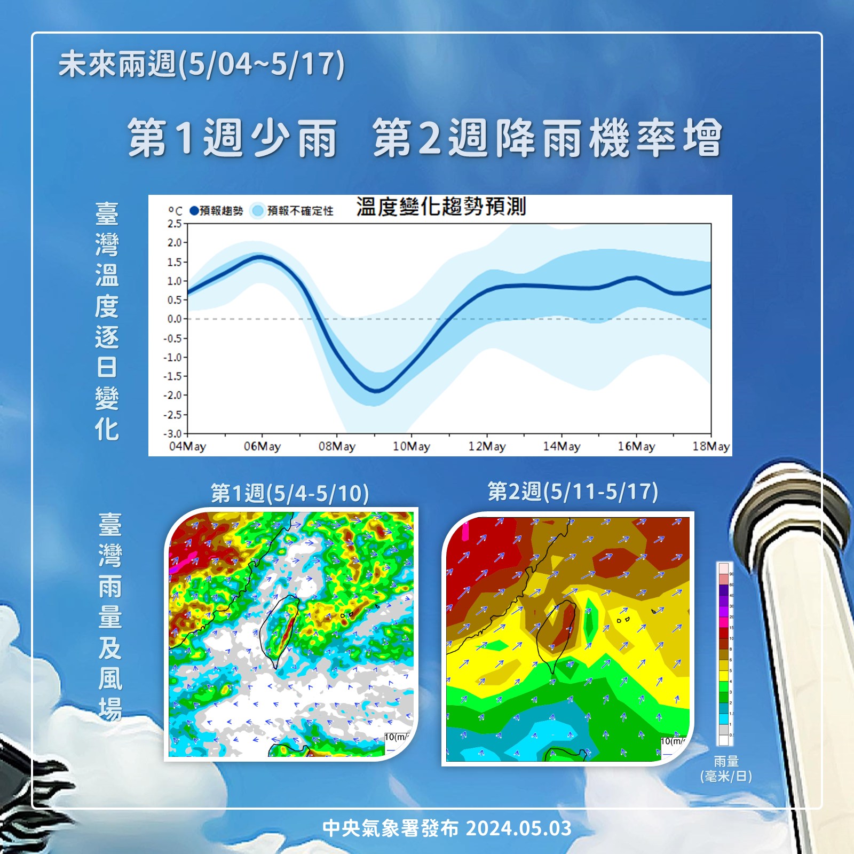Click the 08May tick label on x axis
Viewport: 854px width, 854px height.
coord(337,446)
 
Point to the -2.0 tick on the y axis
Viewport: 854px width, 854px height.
coord(174,396)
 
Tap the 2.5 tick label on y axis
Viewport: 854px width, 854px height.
coord(175,224)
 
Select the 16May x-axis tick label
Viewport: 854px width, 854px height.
coord(636,446)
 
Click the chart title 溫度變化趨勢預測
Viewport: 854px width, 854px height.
coord(441,207)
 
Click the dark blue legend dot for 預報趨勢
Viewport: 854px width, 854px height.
coord(194,211)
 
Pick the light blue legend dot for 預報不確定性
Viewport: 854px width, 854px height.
coord(258,211)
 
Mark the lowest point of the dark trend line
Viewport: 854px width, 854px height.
coord(376,391)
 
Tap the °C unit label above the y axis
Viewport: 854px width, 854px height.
coord(175,211)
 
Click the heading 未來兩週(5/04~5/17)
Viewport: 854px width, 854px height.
coord(202,65)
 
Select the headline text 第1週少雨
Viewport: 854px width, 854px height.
coord(233,138)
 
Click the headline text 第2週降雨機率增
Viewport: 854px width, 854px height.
coord(548,138)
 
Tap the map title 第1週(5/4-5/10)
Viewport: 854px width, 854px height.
coord(290,493)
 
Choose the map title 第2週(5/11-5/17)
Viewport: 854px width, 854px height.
coord(573,491)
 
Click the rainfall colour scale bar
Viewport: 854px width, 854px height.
coord(723,653)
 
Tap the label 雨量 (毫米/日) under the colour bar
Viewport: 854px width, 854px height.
coord(726,769)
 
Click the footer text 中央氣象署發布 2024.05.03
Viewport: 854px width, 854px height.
coord(447,828)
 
